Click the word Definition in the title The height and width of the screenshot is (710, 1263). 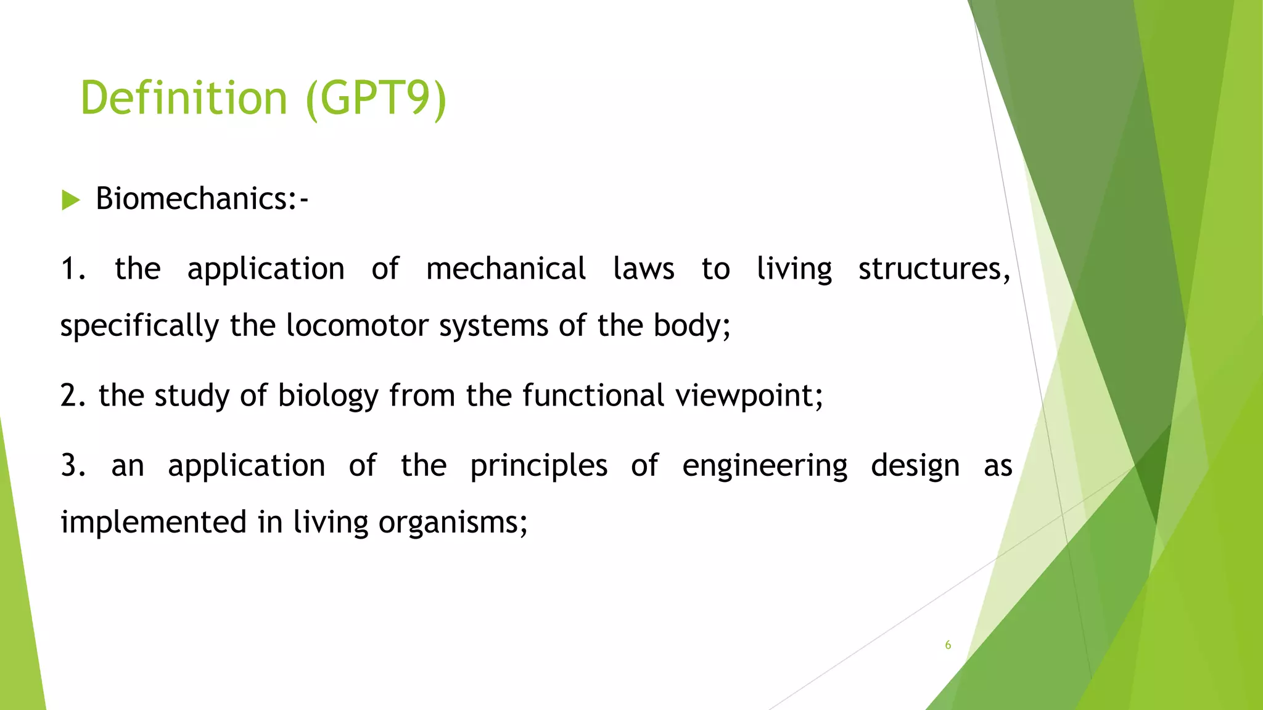click(x=184, y=98)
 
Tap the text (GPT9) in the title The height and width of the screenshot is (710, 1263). click(x=376, y=98)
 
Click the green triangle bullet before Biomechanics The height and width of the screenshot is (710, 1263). click(x=71, y=200)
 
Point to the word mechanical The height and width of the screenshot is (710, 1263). click(x=506, y=269)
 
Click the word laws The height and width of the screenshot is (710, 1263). click(x=643, y=269)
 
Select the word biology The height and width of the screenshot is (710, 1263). click(x=327, y=396)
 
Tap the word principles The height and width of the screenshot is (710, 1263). click(x=538, y=466)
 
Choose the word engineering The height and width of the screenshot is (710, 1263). click(x=765, y=466)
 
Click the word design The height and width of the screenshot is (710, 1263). click(x=915, y=466)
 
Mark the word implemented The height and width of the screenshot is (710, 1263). click(x=154, y=523)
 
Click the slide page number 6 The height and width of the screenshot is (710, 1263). click(x=948, y=645)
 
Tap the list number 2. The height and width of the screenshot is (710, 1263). click(x=72, y=396)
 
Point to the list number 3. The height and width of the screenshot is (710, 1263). click(x=72, y=466)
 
